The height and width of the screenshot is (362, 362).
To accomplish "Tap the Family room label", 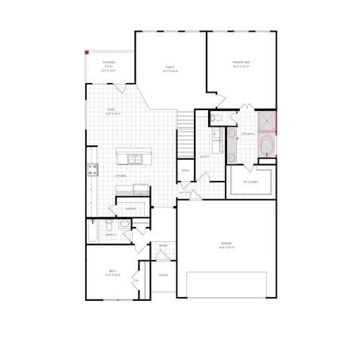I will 170,68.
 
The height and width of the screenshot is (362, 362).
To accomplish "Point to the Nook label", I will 111,110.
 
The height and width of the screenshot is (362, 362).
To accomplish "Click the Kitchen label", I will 121,176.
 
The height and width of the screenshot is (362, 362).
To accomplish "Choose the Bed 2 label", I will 112,272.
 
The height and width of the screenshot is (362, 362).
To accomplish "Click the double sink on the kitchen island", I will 135,159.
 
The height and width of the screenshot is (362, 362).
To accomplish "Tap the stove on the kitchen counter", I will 93,168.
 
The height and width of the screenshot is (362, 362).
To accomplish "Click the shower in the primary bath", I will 267,121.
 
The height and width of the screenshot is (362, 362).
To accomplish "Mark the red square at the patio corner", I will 87,52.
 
